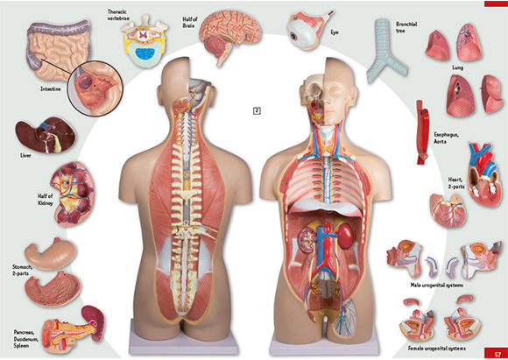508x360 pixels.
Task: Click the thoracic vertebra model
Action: coord(145,40)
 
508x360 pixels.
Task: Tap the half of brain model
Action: coord(229,35)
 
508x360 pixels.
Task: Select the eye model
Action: coord(307,30)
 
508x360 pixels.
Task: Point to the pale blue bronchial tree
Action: coord(386,52)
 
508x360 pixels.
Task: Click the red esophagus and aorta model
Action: coord(422,132)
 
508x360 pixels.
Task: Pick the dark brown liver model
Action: coord(46,135)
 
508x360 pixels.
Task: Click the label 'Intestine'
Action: coord(51,88)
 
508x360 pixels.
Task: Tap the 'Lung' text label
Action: coord(457,67)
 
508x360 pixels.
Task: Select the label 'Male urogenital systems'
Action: coord(437,286)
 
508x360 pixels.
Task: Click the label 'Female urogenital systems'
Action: coord(437,349)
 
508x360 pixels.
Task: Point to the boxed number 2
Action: coord(257,111)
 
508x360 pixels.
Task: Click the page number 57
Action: coord(497,354)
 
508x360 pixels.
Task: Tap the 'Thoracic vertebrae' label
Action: coord(118,15)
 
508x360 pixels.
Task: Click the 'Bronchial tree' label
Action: coord(406,27)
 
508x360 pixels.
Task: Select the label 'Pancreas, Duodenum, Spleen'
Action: coord(26,339)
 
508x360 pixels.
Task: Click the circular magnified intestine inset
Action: coord(95,88)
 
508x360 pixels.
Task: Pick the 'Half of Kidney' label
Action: coord(46,200)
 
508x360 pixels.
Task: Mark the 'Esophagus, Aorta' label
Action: coord(446,138)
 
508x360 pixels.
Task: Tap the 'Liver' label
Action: coord(26,156)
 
